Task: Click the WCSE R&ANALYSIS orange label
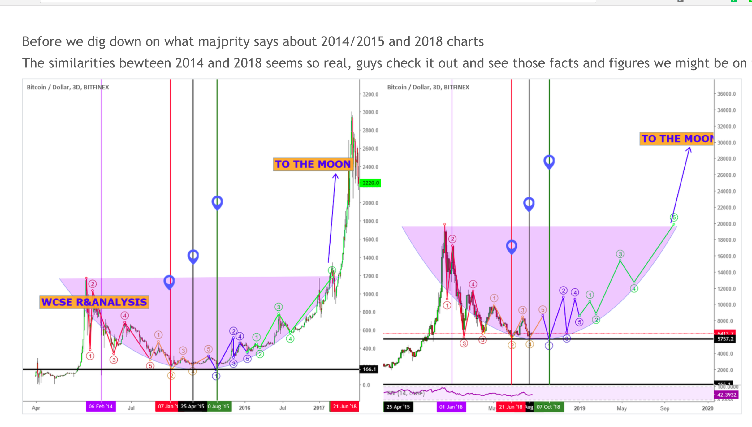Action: (x=94, y=302)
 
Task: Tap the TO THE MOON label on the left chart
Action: (x=313, y=164)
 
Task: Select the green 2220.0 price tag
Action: (x=371, y=183)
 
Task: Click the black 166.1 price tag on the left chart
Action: (x=369, y=369)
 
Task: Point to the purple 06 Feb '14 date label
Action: (x=101, y=407)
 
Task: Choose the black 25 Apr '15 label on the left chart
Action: (x=192, y=407)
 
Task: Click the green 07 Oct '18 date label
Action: (x=548, y=407)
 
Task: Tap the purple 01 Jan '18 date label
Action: (x=451, y=407)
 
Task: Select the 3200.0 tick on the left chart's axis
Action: (x=370, y=94)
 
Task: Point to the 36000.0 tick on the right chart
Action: (x=726, y=94)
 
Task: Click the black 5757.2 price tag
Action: (x=725, y=339)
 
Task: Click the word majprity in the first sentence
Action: (x=223, y=42)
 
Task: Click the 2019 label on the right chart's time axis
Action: (x=579, y=408)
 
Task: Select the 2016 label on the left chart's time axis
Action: (x=244, y=408)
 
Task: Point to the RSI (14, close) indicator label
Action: (x=406, y=393)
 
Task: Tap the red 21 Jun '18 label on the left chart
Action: (x=344, y=407)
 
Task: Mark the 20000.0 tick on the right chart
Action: (x=726, y=224)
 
